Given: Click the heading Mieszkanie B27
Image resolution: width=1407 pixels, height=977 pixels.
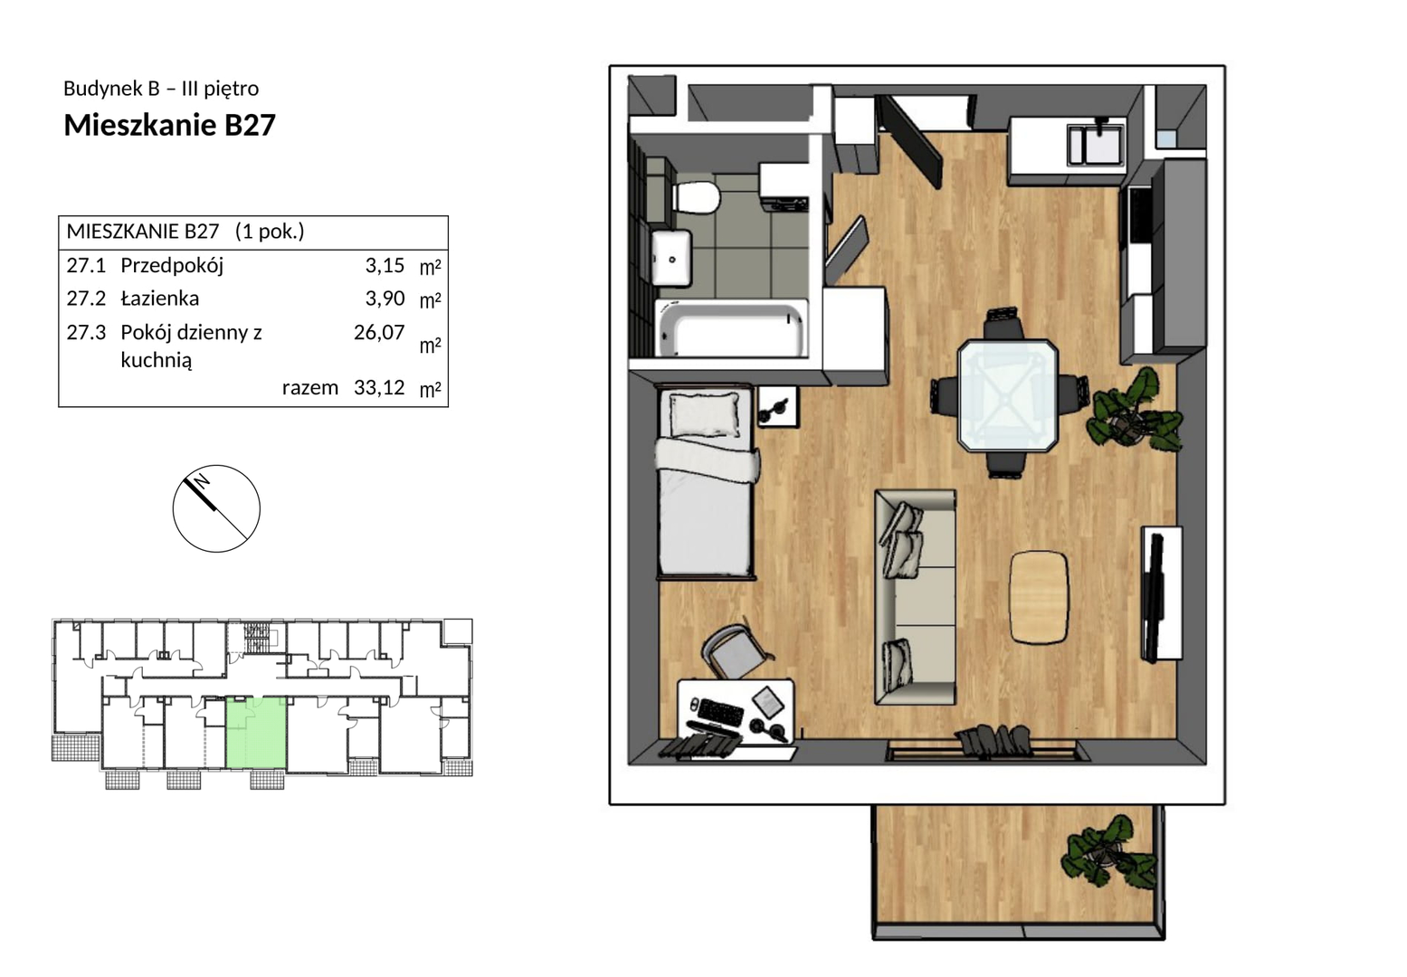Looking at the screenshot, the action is (x=169, y=125).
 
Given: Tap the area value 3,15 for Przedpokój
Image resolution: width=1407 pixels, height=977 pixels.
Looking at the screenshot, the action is (x=385, y=266).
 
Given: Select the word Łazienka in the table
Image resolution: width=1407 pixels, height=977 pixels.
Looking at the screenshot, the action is (x=159, y=299).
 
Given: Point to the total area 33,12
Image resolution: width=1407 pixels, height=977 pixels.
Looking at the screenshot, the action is (x=379, y=387).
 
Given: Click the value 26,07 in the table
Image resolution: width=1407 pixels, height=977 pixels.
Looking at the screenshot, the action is (x=379, y=332).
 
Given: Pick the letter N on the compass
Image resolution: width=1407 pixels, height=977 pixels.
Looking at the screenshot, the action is (x=202, y=481).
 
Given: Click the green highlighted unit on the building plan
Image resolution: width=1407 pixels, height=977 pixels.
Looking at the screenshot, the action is (x=256, y=732).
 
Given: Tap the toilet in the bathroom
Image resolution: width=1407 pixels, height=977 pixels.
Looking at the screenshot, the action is (x=695, y=197).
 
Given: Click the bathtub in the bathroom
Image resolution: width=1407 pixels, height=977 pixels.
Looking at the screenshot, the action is (x=731, y=328).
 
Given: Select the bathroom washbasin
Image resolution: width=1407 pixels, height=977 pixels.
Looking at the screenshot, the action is (x=671, y=258).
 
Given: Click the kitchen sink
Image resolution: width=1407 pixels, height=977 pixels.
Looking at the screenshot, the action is (x=1096, y=144).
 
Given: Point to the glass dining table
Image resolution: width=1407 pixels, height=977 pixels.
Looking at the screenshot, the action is (x=1007, y=395).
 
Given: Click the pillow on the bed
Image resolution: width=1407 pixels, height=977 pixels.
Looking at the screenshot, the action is (x=704, y=414).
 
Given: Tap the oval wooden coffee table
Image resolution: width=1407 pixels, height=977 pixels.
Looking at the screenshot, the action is (x=1039, y=597).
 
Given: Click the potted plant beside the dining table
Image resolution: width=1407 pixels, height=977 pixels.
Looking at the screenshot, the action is (x=1136, y=412).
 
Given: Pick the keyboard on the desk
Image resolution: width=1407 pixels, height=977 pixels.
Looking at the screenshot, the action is (x=720, y=712).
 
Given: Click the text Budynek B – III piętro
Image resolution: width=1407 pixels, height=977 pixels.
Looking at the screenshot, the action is (x=161, y=89).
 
